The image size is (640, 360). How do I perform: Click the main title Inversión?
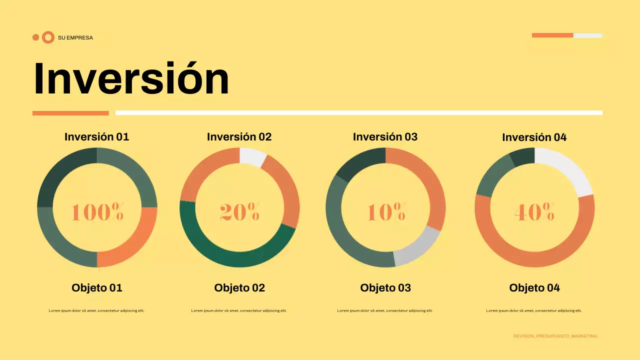point(131,78)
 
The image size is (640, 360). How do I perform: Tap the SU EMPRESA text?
point(75,37)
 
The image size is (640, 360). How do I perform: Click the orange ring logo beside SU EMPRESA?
point(48,37)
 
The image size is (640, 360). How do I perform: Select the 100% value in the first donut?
point(97,211)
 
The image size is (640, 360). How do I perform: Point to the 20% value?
point(239,211)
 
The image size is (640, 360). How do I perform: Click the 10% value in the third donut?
point(386,211)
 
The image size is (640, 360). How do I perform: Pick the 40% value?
point(534,211)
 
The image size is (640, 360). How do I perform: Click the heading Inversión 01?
point(97,137)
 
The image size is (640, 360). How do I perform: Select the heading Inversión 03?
point(385,137)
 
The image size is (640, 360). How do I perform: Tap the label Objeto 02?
point(239,288)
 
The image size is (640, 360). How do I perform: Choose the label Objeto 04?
point(534,288)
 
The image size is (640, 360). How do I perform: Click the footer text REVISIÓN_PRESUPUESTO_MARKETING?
point(555,336)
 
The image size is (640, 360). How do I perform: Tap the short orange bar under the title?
point(70,113)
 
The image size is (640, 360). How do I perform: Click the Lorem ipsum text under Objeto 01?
point(96,310)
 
